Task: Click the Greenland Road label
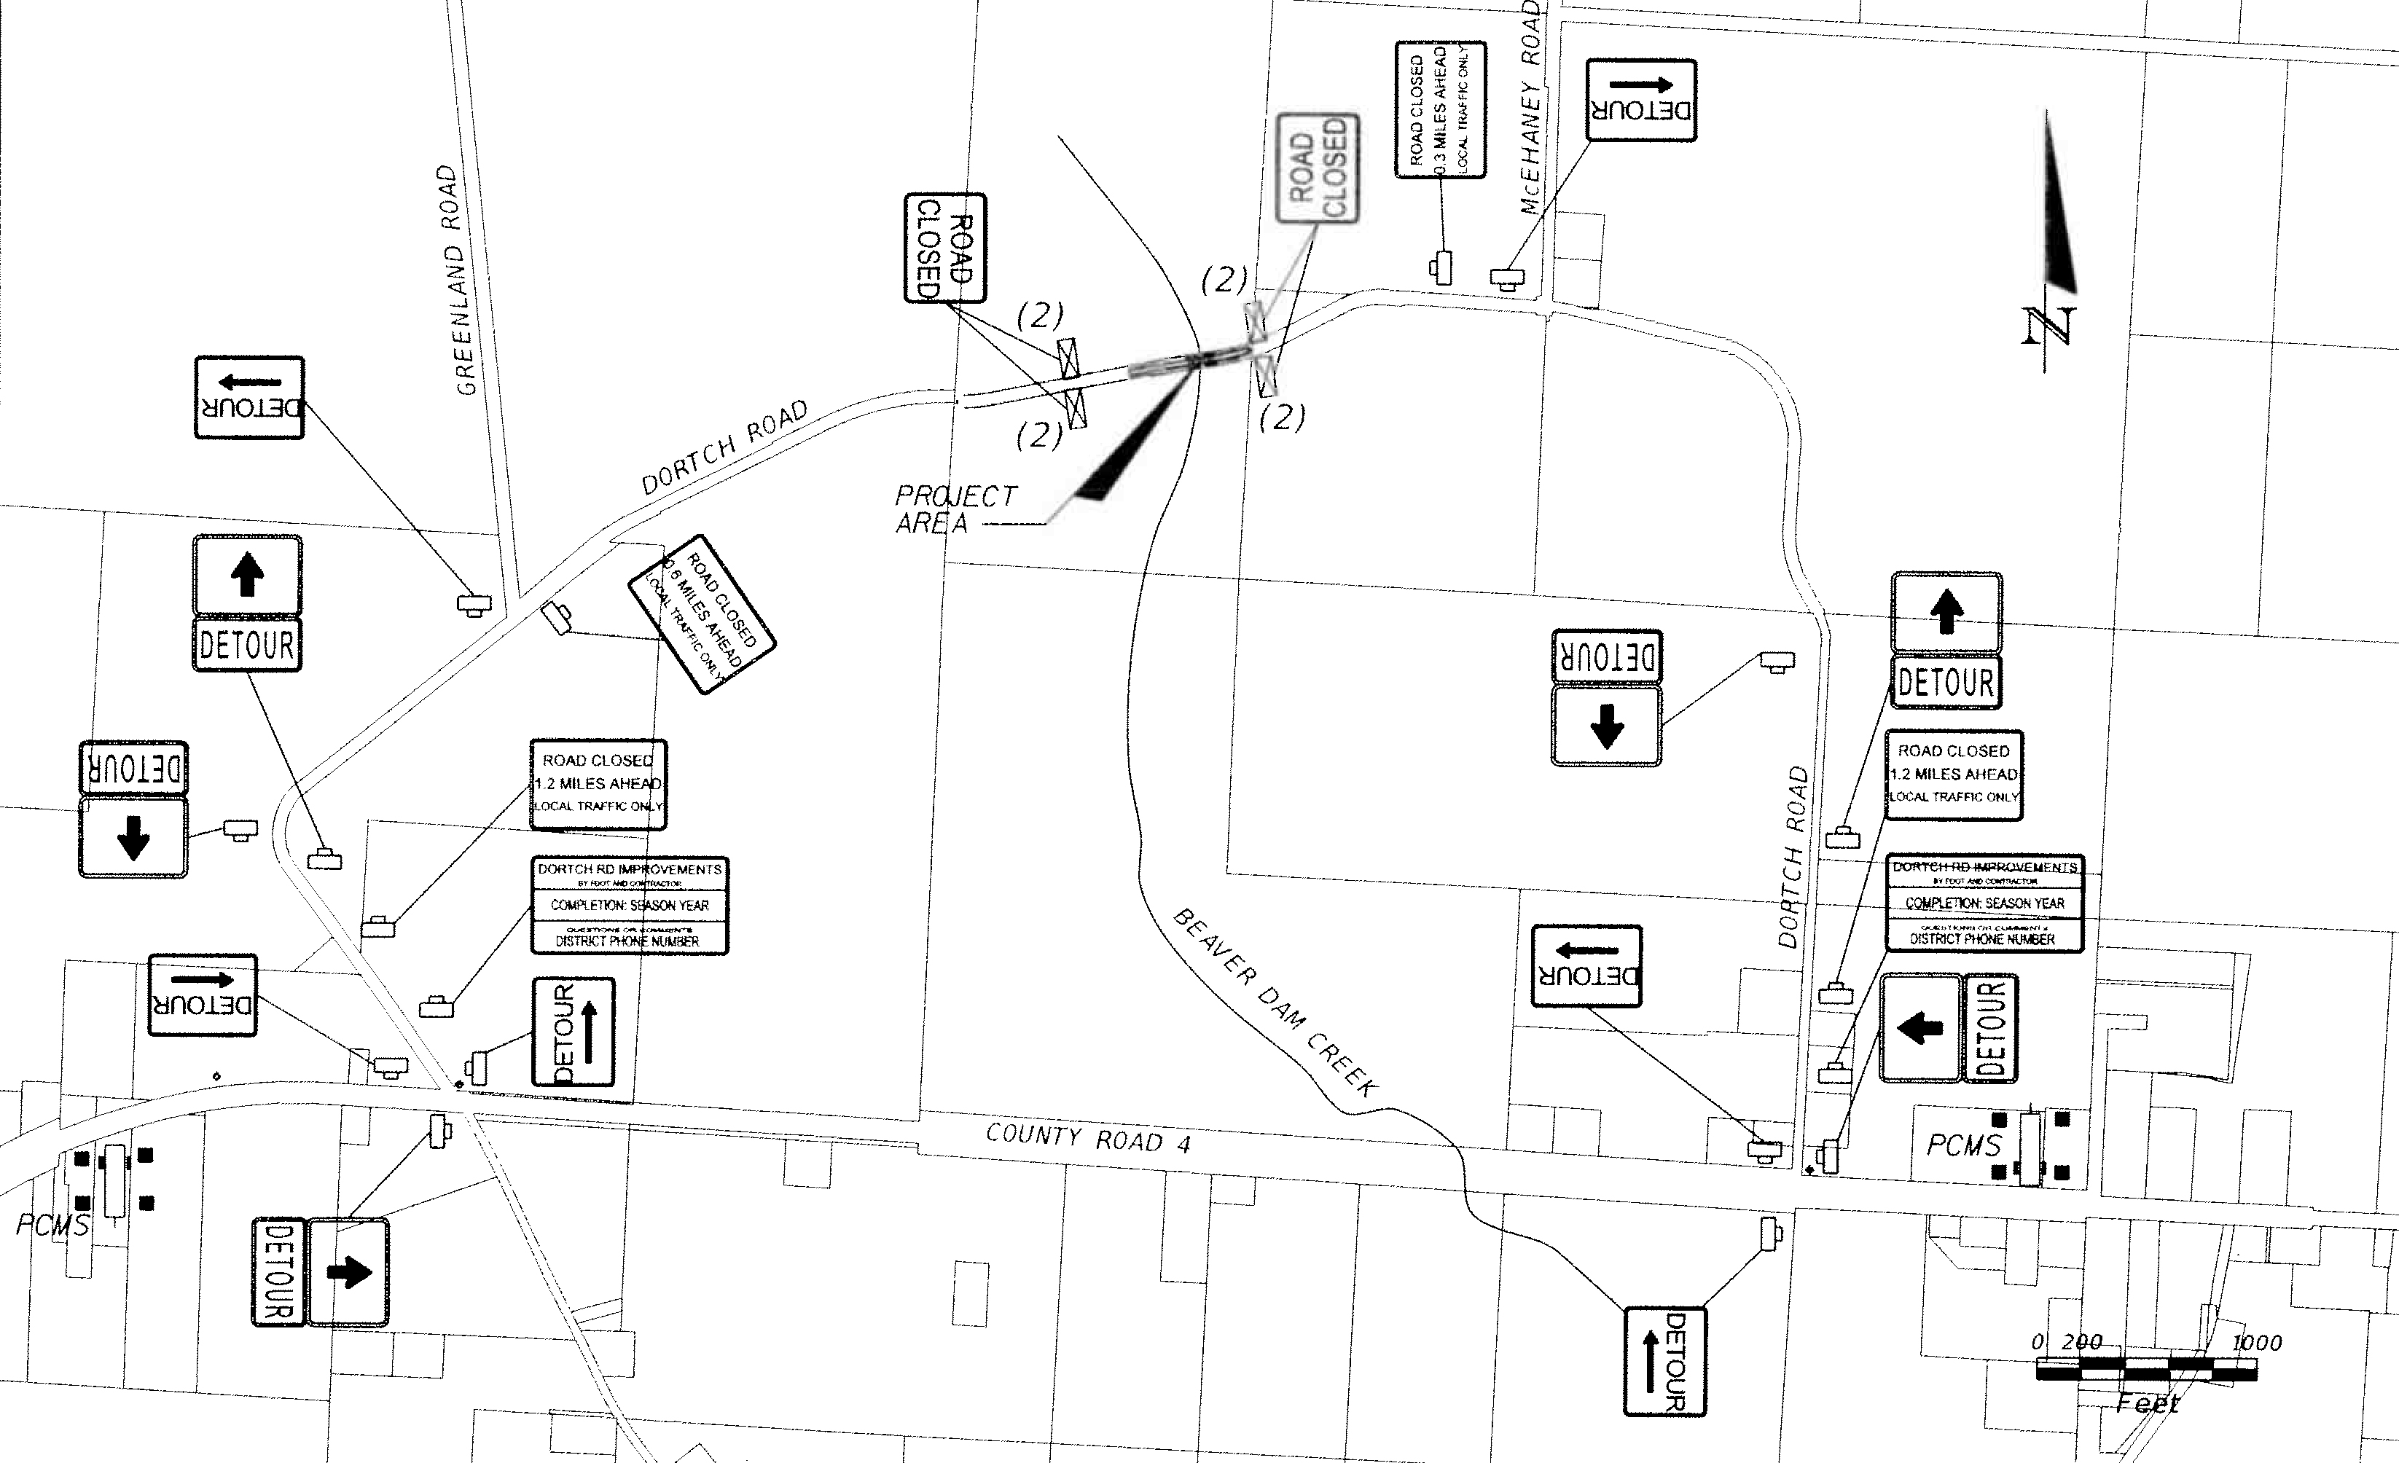pyautogui.click(x=457, y=281)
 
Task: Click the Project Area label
pyautogui.click(x=954, y=509)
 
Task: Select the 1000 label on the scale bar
pyautogui.click(x=2256, y=1344)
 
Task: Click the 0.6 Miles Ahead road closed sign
pyautogui.click(x=702, y=614)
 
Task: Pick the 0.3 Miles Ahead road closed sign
pyautogui.click(x=1441, y=109)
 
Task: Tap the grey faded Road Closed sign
pyautogui.click(x=1318, y=169)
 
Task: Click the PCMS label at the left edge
pyautogui.click(x=52, y=1225)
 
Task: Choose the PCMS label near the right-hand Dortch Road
pyautogui.click(x=1964, y=1145)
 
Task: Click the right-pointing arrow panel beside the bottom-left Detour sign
pyautogui.click(x=348, y=1271)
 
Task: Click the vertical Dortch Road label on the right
pyautogui.click(x=1793, y=858)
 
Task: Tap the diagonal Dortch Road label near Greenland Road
pyautogui.click(x=725, y=448)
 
